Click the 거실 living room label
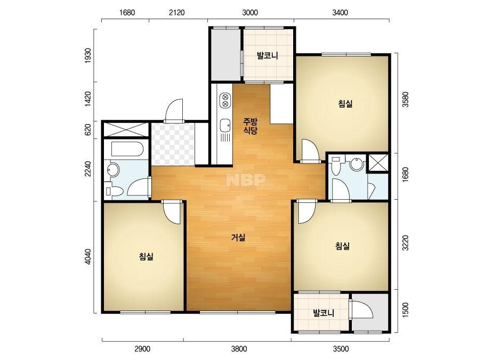point(238,238)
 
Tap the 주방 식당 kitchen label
point(251,126)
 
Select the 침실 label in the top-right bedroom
point(345,103)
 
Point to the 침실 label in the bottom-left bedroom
point(146,257)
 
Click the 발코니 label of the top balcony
point(268,56)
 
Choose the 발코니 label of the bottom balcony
point(324,313)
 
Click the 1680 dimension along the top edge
point(127,13)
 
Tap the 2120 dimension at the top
point(176,13)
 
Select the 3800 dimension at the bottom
point(239,349)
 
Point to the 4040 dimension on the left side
point(88,257)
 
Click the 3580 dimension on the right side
point(406,100)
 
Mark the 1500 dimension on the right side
point(406,310)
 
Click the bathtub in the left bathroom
point(127,149)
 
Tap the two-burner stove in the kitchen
point(225,100)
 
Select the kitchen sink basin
point(224,126)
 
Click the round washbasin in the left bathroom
point(113,170)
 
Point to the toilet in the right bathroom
point(336,165)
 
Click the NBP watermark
point(246,179)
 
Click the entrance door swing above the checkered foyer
point(174,110)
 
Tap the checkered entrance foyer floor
point(173,144)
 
